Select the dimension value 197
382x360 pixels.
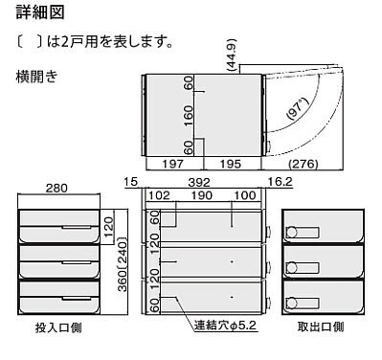coord(171,165)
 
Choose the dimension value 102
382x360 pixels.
coord(160,195)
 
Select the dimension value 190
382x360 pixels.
coord(201,195)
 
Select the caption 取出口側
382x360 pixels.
coord(322,326)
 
